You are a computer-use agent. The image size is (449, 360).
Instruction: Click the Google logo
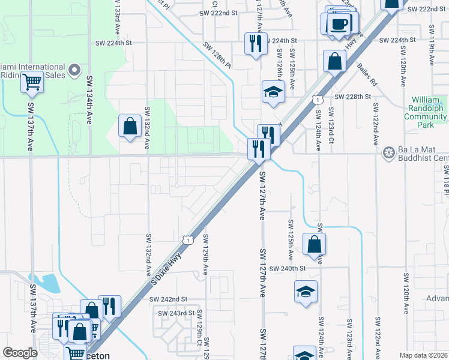point(20,353)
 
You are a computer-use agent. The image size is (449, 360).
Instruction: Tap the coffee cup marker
point(340,24)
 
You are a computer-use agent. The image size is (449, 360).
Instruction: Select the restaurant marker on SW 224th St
point(256,43)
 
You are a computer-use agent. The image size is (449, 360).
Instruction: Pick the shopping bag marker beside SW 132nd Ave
point(130,126)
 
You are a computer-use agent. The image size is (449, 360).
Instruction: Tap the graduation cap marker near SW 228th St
point(273,92)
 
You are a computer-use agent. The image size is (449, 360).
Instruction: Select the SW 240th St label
point(288,268)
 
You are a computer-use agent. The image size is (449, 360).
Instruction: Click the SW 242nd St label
point(169,299)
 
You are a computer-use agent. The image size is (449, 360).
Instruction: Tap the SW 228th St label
point(353,97)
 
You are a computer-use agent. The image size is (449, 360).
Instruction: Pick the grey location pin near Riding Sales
point(75,71)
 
